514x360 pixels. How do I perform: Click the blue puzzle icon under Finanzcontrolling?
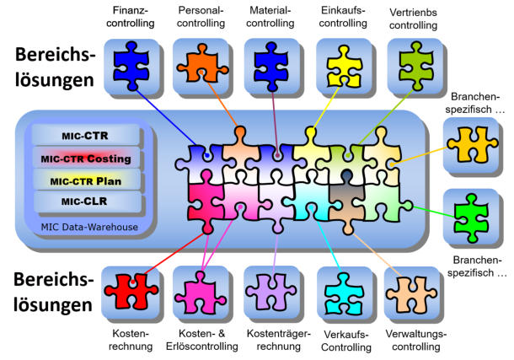click(132, 65)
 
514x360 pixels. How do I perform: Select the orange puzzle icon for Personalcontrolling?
click(201, 65)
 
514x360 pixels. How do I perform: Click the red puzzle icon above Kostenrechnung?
click(128, 293)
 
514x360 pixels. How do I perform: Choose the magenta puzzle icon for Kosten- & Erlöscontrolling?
click(200, 293)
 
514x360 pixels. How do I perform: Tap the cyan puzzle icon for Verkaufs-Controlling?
click(341, 293)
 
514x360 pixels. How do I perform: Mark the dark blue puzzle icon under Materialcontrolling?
click(272, 65)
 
